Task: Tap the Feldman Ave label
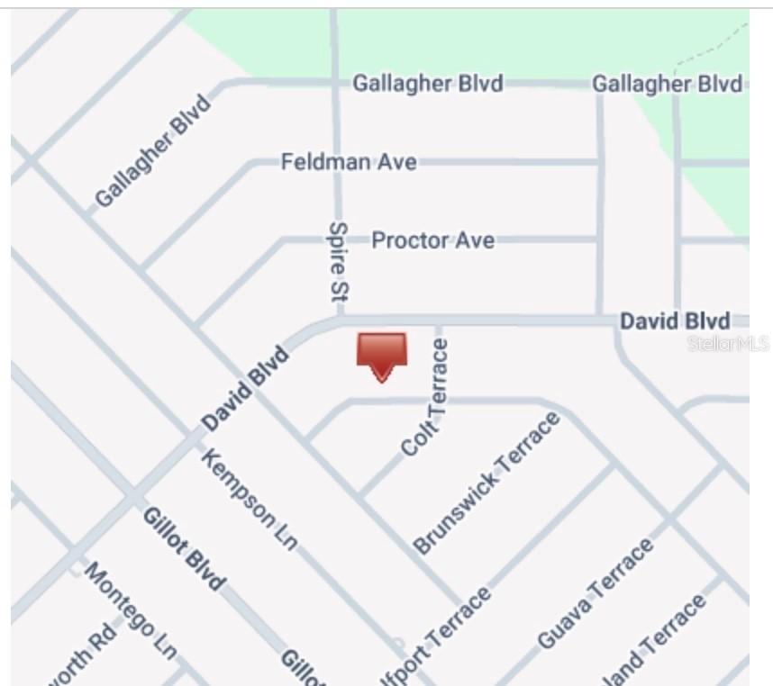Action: coord(348,162)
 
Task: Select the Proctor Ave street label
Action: coord(432,240)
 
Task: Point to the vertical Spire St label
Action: coord(339,261)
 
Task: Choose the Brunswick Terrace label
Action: coord(486,483)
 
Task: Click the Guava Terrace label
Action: coord(595,594)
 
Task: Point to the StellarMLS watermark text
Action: coord(728,344)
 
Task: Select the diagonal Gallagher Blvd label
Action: coord(153,150)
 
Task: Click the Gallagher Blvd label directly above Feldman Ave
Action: coord(427,84)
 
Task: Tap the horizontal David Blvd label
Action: coord(675,321)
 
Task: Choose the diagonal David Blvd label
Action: coord(246,388)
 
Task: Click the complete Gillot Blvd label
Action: coord(184,548)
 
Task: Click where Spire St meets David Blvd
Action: coord(339,318)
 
